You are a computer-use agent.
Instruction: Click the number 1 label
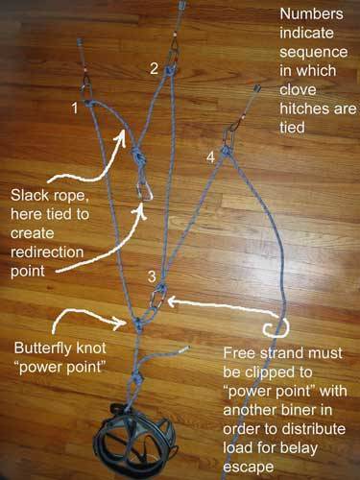click(75, 108)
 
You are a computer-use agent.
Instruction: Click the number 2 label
click(154, 68)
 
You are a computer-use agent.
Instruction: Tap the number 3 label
click(152, 276)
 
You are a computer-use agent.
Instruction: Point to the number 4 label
click(210, 157)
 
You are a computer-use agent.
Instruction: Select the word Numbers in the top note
click(311, 13)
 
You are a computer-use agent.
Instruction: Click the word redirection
click(47, 252)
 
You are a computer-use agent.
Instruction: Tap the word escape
click(249, 467)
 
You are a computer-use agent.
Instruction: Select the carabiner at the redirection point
click(144, 191)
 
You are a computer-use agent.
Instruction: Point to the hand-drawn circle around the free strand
click(276, 328)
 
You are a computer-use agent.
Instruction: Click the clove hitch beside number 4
click(227, 150)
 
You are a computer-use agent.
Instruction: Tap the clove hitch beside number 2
click(169, 70)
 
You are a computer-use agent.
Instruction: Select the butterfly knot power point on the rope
click(138, 324)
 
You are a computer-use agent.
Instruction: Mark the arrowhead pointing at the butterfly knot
click(123, 322)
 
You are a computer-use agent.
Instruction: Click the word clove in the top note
click(298, 90)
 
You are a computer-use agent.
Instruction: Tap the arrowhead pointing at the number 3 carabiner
click(173, 300)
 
